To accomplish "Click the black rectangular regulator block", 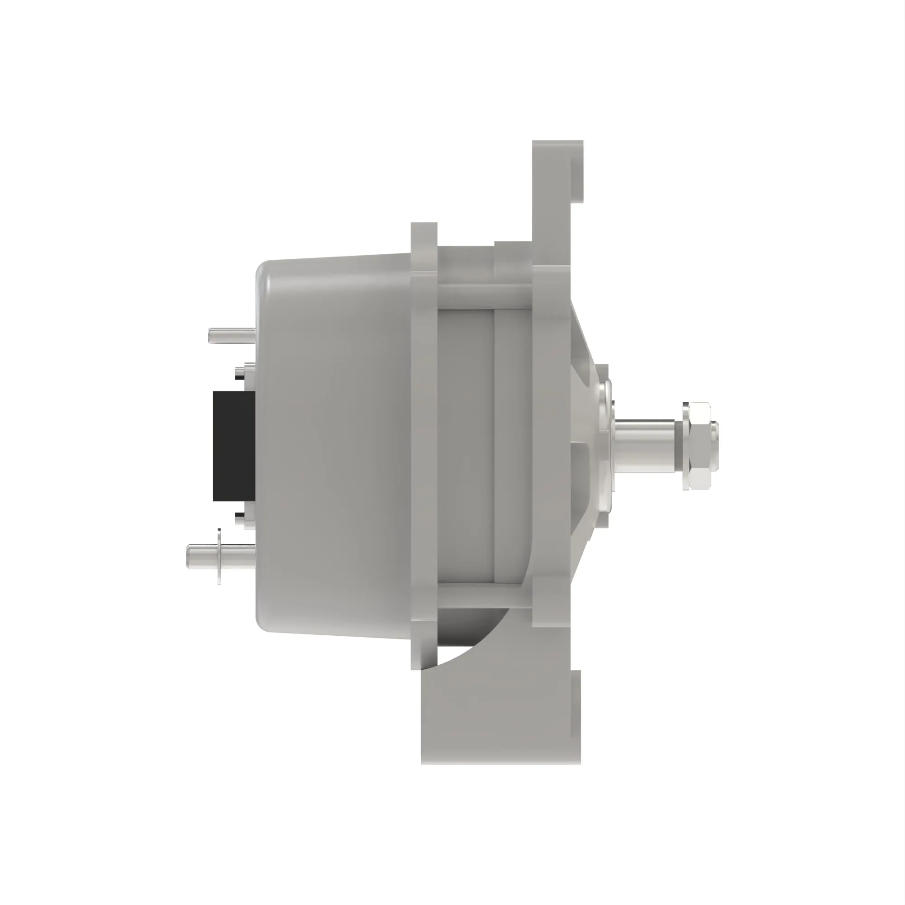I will point(234,446).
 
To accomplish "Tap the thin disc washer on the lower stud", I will point(219,557).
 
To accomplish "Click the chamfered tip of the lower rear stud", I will point(190,557).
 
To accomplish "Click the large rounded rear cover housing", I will point(333,445).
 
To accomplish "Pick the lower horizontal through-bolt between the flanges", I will point(485,595).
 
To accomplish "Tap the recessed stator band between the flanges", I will point(466,445).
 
